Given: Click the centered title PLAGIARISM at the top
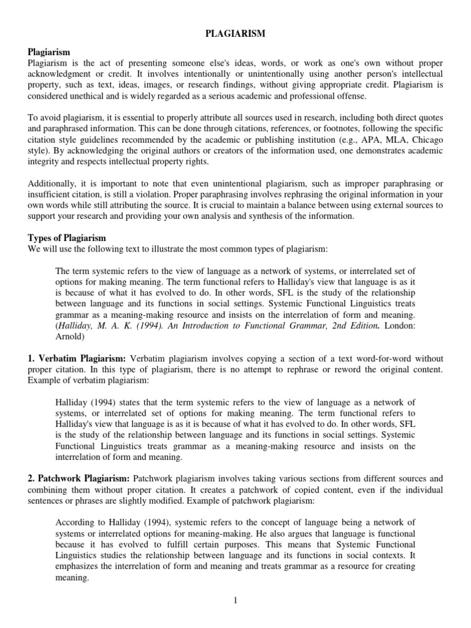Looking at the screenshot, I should click(235, 34).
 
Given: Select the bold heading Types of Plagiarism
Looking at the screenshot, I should click(67, 237).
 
